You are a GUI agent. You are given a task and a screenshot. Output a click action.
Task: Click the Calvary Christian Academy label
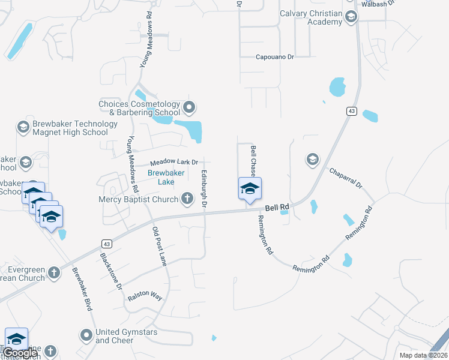pyautogui.click(x=312, y=17)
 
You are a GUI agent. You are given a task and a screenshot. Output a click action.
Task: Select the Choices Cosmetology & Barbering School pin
pyautogui.click(x=190, y=108)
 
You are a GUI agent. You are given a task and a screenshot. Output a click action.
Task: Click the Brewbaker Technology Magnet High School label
pyautogui.click(x=70, y=128)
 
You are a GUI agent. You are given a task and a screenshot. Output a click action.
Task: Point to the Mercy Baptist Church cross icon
pyautogui.click(x=187, y=199)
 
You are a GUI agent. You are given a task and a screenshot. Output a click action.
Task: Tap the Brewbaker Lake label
pyautogui.click(x=161, y=178)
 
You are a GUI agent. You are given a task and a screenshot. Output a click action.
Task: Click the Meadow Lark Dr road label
pyautogui.click(x=173, y=162)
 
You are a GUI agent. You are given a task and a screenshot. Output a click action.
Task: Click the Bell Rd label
pyautogui.click(x=277, y=207)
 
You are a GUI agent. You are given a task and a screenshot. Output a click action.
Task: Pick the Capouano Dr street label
pyautogui.click(x=275, y=57)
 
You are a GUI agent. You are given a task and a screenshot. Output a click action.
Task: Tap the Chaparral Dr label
pyautogui.click(x=346, y=178)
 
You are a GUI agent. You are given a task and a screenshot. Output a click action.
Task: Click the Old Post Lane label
pyautogui.click(x=160, y=247)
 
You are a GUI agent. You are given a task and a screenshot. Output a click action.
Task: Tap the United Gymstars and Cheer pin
pyautogui.click(x=87, y=334)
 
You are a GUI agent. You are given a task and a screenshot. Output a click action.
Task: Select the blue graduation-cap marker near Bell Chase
pyautogui.click(x=250, y=189)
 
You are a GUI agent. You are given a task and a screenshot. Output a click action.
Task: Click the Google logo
pyautogui.click(x=20, y=353)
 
